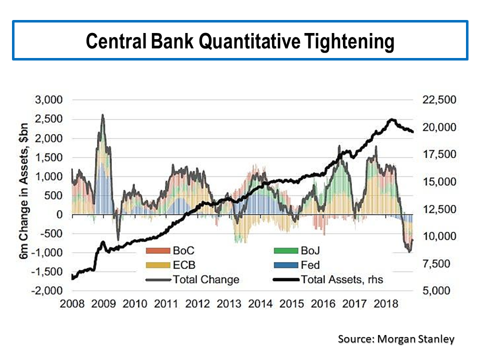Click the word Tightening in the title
coord(348,42)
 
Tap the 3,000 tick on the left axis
coord(48,100)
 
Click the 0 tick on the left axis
coord(60,214)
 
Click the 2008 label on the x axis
coord(72,304)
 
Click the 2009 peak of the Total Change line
coord(102,115)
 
